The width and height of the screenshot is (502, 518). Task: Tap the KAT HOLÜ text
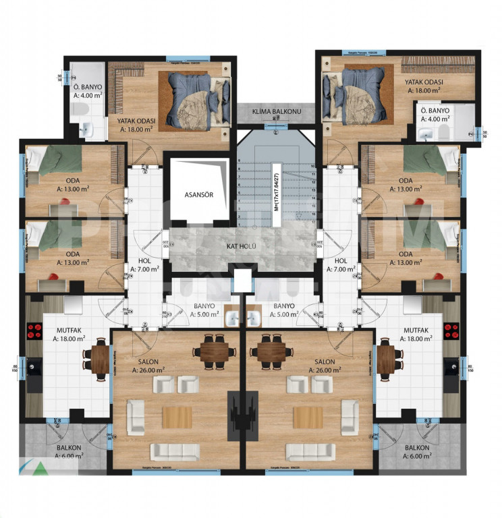[240, 246]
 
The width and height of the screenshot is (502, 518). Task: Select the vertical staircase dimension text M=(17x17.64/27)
[275, 188]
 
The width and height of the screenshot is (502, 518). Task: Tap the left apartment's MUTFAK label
[67, 330]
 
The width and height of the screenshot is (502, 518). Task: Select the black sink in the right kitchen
[451, 368]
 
